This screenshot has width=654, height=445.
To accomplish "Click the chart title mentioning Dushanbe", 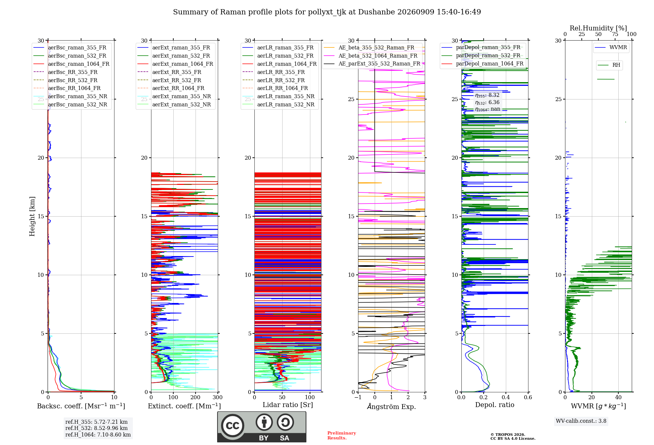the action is (x=327, y=12).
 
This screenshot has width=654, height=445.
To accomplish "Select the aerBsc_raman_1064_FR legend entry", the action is (x=72, y=64).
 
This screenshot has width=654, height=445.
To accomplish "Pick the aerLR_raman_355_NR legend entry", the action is (x=279, y=97).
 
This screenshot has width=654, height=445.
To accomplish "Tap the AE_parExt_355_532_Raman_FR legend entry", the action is (x=372, y=64).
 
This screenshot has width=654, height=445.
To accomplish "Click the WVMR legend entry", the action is (x=611, y=47).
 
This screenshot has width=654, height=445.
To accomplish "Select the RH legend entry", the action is (x=609, y=65).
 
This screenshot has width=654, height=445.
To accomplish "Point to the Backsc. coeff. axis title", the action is (x=81, y=406).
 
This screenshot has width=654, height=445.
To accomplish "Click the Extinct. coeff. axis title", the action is (x=184, y=406).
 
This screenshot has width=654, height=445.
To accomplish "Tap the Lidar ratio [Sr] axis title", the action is (x=288, y=405).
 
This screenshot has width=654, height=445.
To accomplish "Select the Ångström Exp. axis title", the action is (x=391, y=406).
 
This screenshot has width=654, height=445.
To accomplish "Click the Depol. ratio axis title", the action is (x=495, y=405).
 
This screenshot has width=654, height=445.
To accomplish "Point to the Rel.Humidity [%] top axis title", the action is (x=598, y=28).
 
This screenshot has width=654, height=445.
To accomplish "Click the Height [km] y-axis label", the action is (x=32, y=216).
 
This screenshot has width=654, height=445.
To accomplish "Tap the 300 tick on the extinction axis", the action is (x=217, y=398).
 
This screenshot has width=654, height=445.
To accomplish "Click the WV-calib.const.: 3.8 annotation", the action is (x=581, y=421).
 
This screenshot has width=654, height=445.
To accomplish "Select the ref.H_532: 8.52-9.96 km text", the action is (x=96, y=428).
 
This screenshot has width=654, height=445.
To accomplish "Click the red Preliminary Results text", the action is (x=342, y=436).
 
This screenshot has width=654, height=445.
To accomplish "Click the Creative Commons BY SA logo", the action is (x=262, y=427).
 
